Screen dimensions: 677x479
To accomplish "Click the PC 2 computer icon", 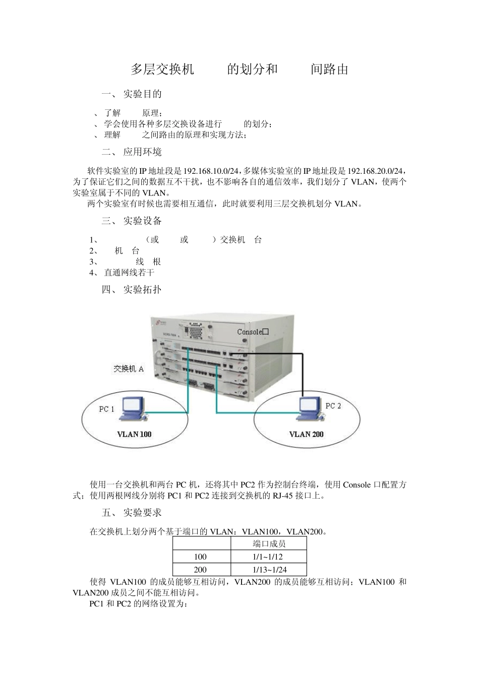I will (x=308, y=408).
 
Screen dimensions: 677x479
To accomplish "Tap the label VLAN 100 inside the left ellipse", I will (x=134, y=434).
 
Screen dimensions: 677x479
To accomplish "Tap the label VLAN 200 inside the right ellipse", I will (x=306, y=434).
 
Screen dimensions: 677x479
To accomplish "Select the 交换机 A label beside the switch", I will (x=129, y=369).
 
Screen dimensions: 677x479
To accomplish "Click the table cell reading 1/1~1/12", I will (x=268, y=557).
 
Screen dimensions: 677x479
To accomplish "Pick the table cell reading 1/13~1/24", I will (x=268, y=570).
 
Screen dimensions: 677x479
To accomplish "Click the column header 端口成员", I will (x=269, y=544).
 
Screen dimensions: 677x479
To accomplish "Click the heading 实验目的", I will (x=143, y=94).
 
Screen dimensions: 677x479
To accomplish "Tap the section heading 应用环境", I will (x=143, y=152).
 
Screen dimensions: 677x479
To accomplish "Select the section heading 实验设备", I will (x=143, y=221).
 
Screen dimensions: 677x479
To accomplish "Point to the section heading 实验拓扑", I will (x=143, y=290).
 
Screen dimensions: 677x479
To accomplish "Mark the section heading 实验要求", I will (x=143, y=513).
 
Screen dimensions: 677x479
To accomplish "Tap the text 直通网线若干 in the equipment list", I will (x=129, y=273).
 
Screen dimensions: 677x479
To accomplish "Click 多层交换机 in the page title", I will (x=162, y=70).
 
